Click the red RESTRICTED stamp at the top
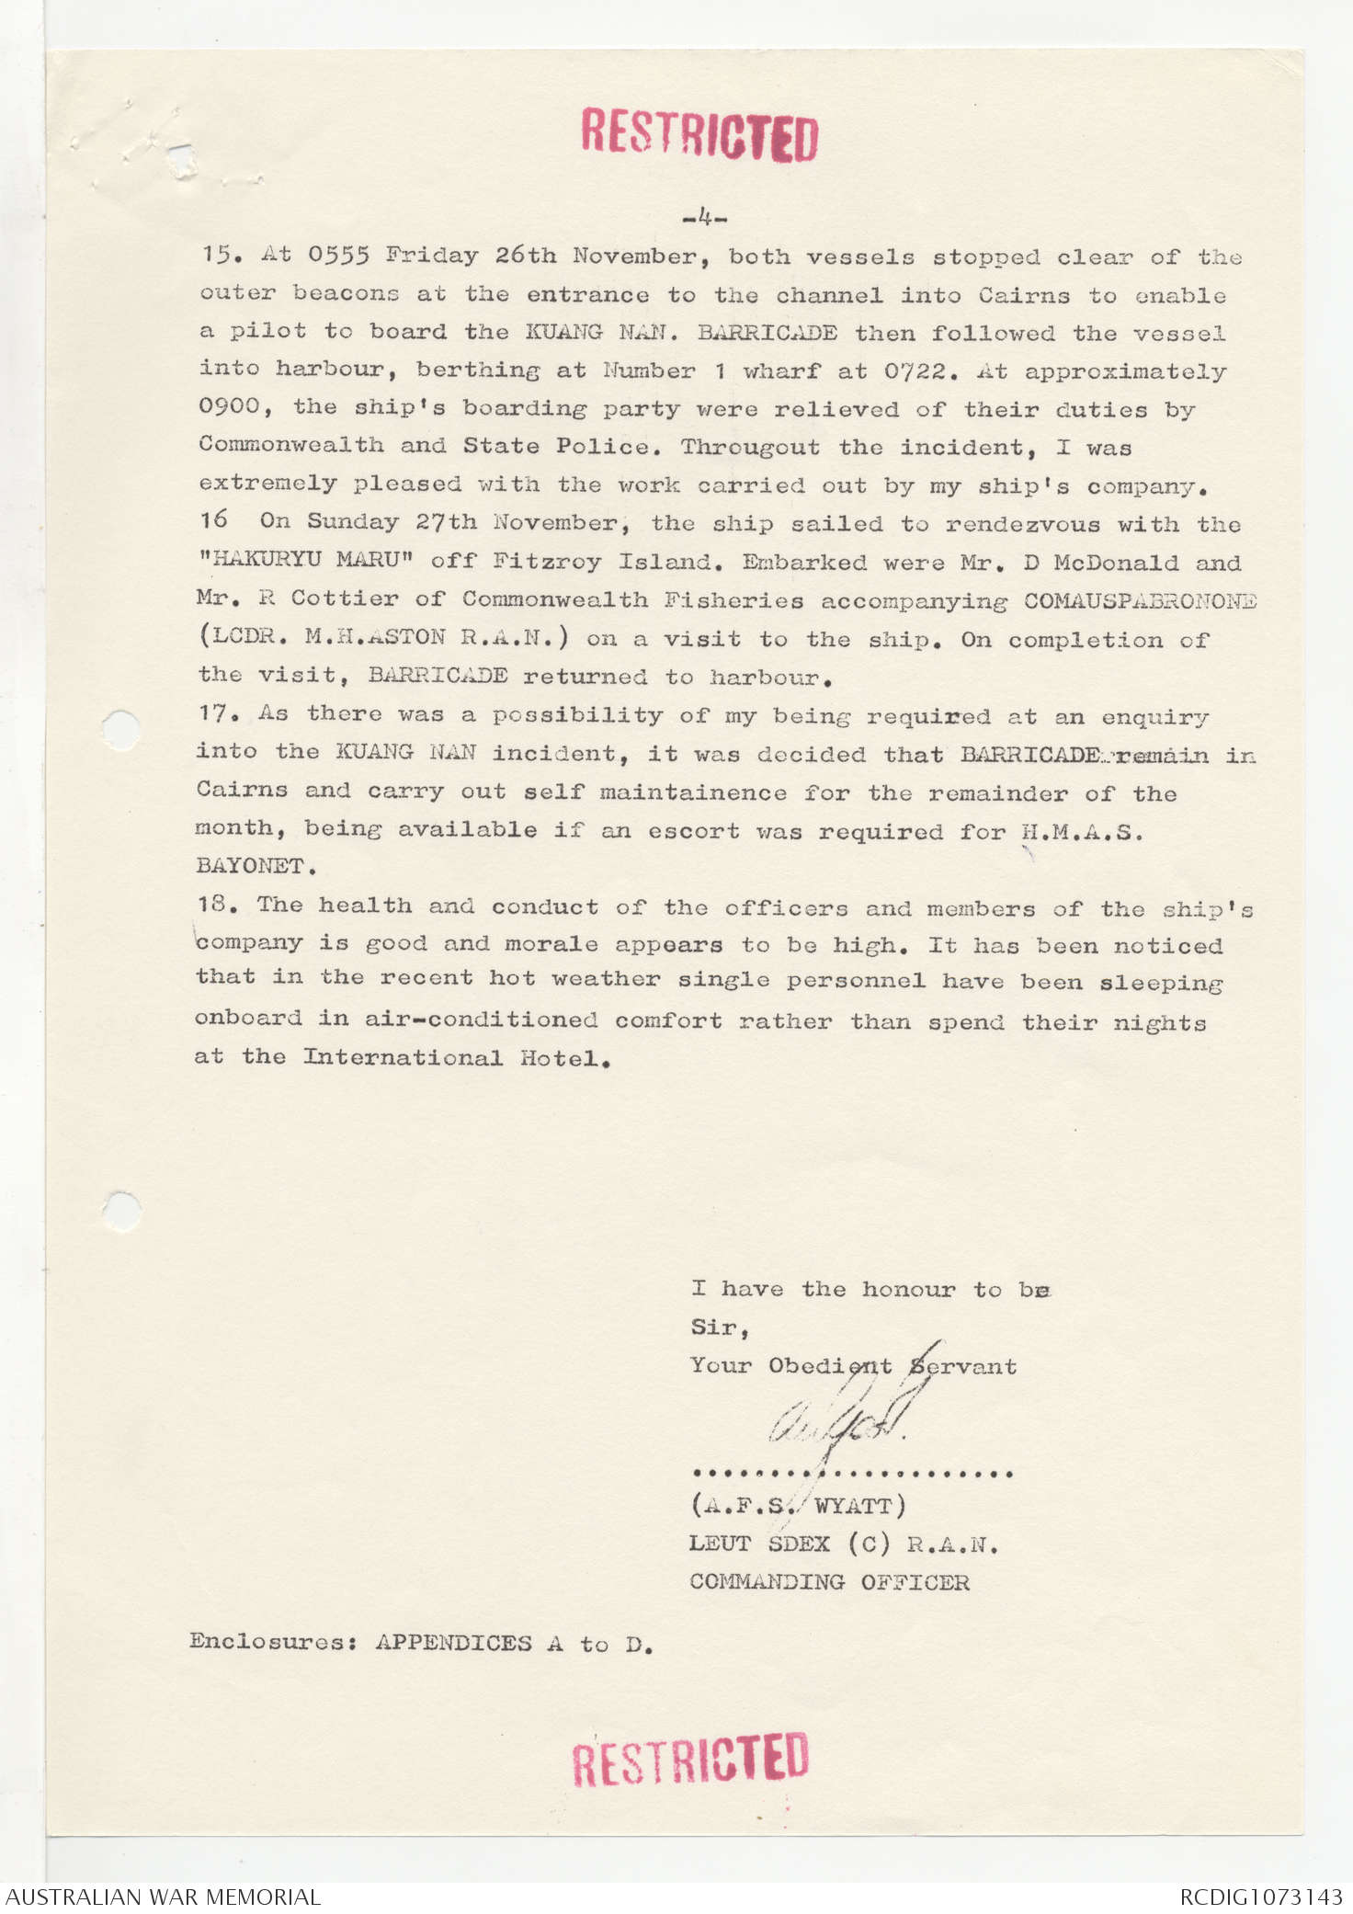699,135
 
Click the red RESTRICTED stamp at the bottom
690,1758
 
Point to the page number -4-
705,219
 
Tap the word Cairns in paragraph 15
1023,295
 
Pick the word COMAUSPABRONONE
1140,600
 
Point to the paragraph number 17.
216,713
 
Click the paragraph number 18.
216,905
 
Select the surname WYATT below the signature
852,1506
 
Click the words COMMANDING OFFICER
829,1582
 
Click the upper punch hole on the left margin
120,731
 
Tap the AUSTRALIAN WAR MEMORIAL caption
163,1896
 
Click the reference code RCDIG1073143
1260,1896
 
